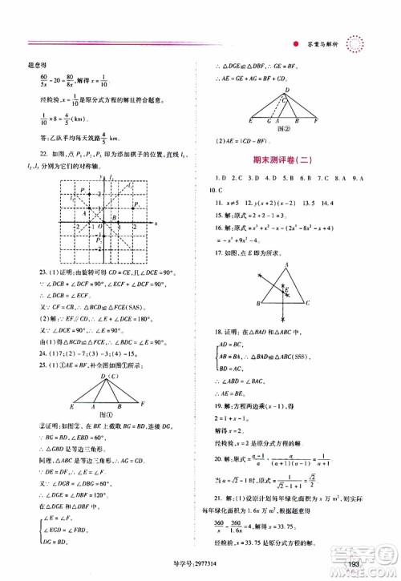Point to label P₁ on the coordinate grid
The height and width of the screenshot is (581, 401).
tap(138, 205)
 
